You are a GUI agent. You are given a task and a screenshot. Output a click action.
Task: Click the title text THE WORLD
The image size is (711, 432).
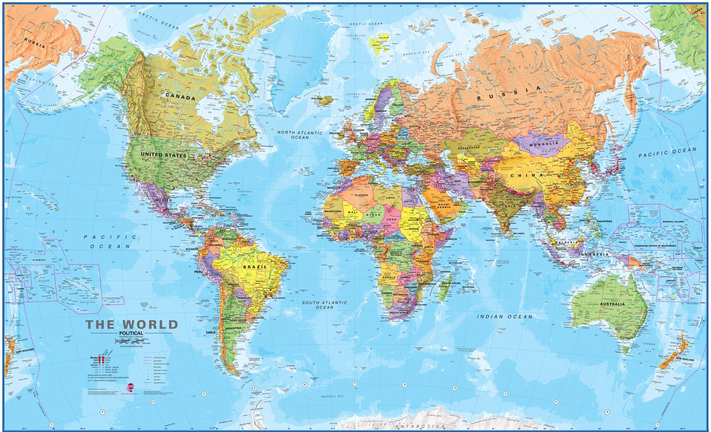coord(132,325)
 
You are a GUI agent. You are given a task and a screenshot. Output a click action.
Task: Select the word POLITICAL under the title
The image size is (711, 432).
coord(131,333)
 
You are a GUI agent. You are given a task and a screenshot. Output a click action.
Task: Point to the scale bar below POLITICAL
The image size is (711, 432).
coord(131,339)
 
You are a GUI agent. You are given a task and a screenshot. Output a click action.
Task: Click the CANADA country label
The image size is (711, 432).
coord(180,97)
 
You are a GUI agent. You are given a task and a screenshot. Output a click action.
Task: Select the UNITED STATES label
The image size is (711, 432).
coord(164,155)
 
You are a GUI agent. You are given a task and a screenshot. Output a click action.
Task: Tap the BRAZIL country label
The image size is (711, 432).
coord(255,267)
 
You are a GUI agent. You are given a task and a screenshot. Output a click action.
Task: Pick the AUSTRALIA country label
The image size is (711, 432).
coord(612,304)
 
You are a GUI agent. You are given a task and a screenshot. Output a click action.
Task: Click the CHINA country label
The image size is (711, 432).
coord(527,175)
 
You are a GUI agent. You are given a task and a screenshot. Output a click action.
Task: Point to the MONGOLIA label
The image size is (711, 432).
coord(544,144)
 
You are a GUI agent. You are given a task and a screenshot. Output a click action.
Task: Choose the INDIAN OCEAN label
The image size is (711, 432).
coord(504,316)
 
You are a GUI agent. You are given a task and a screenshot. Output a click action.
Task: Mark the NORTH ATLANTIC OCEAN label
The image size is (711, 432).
coord(300,135)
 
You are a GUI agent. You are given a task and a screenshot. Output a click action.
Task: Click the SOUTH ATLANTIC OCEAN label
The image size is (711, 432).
coord(325,305)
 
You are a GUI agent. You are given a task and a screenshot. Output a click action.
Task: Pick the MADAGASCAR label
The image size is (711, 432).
coord(450,283)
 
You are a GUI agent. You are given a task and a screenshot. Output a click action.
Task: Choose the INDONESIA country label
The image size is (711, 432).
coord(592,255)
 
